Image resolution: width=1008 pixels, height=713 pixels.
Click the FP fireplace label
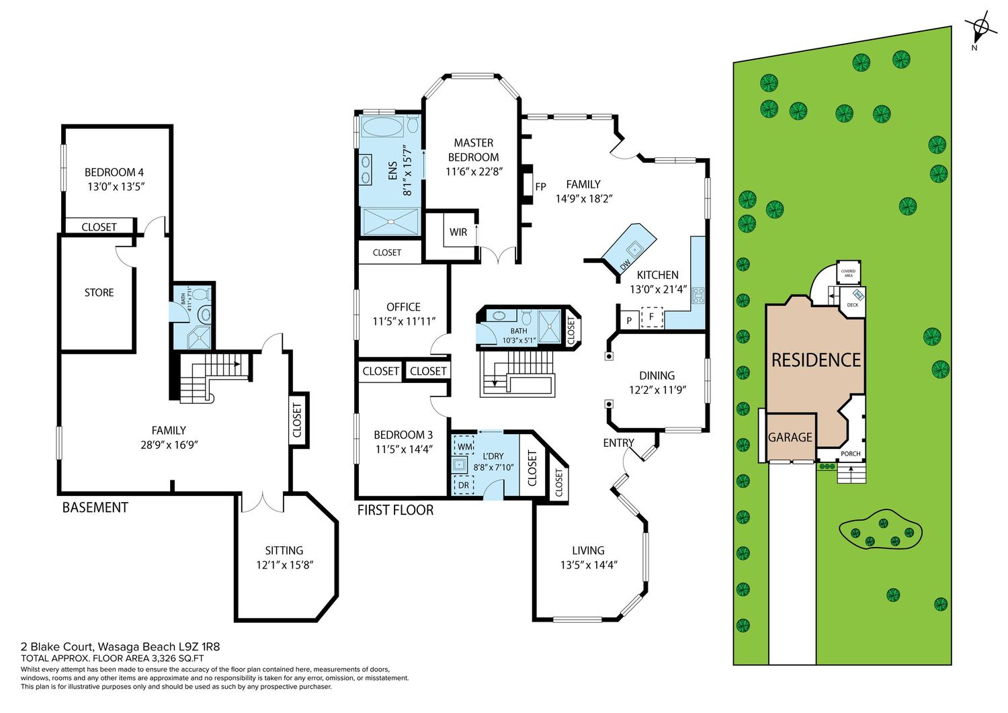point(540,186)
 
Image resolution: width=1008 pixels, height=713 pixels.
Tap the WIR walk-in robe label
point(458,233)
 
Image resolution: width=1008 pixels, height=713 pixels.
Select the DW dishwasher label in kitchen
point(625,265)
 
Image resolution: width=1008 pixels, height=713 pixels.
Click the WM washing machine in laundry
point(464,446)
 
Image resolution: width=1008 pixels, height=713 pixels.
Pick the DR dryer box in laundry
point(464,485)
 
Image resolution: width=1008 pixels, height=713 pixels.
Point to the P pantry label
point(629,321)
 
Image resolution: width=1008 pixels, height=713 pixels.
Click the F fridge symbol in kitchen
point(651,317)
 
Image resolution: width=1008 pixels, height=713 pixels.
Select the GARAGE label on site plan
point(790,437)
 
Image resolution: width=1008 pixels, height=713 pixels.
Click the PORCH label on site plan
point(851,454)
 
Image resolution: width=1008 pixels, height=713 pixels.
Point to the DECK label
point(853,304)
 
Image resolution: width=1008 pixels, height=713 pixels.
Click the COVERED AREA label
point(848,274)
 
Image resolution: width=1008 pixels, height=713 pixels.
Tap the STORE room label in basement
point(99,292)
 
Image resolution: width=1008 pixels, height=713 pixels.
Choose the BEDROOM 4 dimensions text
point(116,186)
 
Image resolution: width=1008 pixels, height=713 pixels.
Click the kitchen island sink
point(635,247)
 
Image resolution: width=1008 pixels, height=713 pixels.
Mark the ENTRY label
point(618,443)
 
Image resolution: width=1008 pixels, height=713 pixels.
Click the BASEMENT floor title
point(95,508)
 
